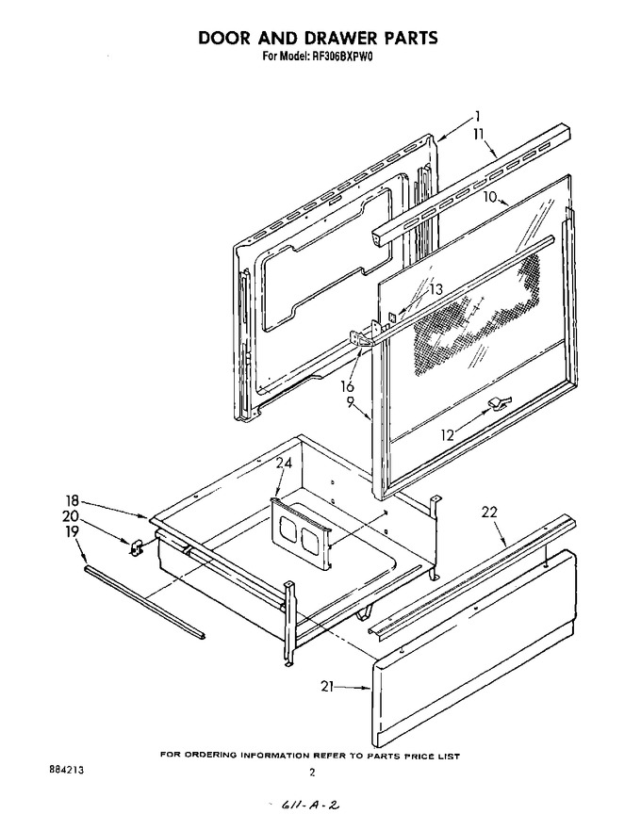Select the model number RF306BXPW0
coord(343,57)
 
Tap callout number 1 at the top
coord(477,116)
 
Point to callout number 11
coord(478,134)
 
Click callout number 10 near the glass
coord(490,197)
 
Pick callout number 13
coord(436,289)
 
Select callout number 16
coord(347,387)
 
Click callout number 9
coord(350,401)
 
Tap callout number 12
coord(447,435)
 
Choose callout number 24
coord(284,463)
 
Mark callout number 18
coord(73,501)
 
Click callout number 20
coord(71,516)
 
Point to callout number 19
coord(72,531)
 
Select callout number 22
coord(489,512)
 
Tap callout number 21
coord(327,687)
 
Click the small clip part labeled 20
coord(137,547)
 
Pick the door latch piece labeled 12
coord(499,401)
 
